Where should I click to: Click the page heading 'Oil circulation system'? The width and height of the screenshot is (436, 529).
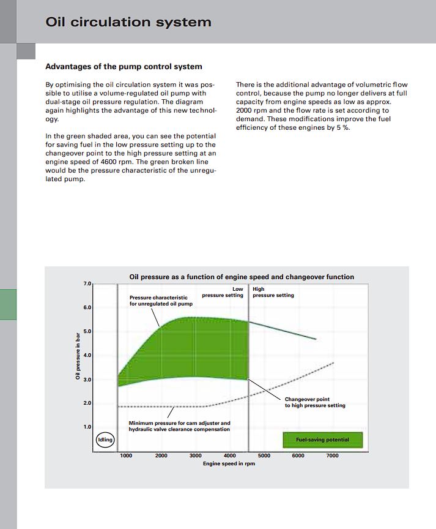pyautogui.click(x=128, y=22)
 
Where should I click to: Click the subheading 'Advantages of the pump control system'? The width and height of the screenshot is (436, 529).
pyautogui.click(x=124, y=67)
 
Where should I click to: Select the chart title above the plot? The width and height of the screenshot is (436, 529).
pyautogui.click(x=242, y=277)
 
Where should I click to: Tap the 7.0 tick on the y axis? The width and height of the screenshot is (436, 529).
pyautogui.click(x=86, y=284)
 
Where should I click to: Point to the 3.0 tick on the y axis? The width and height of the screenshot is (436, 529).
pyautogui.click(x=86, y=380)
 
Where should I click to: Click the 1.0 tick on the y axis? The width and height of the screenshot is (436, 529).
pyautogui.click(x=86, y=427)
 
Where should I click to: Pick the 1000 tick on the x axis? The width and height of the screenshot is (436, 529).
pyautogui.click(x=127, y=456)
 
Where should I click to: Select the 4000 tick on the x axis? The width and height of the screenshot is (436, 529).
pyautogui.click(x=230, y=456)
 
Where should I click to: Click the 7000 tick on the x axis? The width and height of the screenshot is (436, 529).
pyautogui.click(x=332, y=456)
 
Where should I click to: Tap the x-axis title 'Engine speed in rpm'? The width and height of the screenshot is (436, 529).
pyautogui.click(x=229, y=463)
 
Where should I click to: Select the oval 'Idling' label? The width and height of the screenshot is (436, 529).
pyautogui.click(x=106, y=440)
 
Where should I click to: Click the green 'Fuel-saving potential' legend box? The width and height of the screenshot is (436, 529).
pyautogui.click(x=322, y=440)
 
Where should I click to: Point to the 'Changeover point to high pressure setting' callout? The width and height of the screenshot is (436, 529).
pyautogui.click(x=315, y=402)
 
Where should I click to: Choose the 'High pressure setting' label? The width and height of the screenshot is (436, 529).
pyautogui.click(x=273, y=292)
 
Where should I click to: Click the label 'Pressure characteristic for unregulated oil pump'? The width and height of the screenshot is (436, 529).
pyautogui.click(x=161, y=301)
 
